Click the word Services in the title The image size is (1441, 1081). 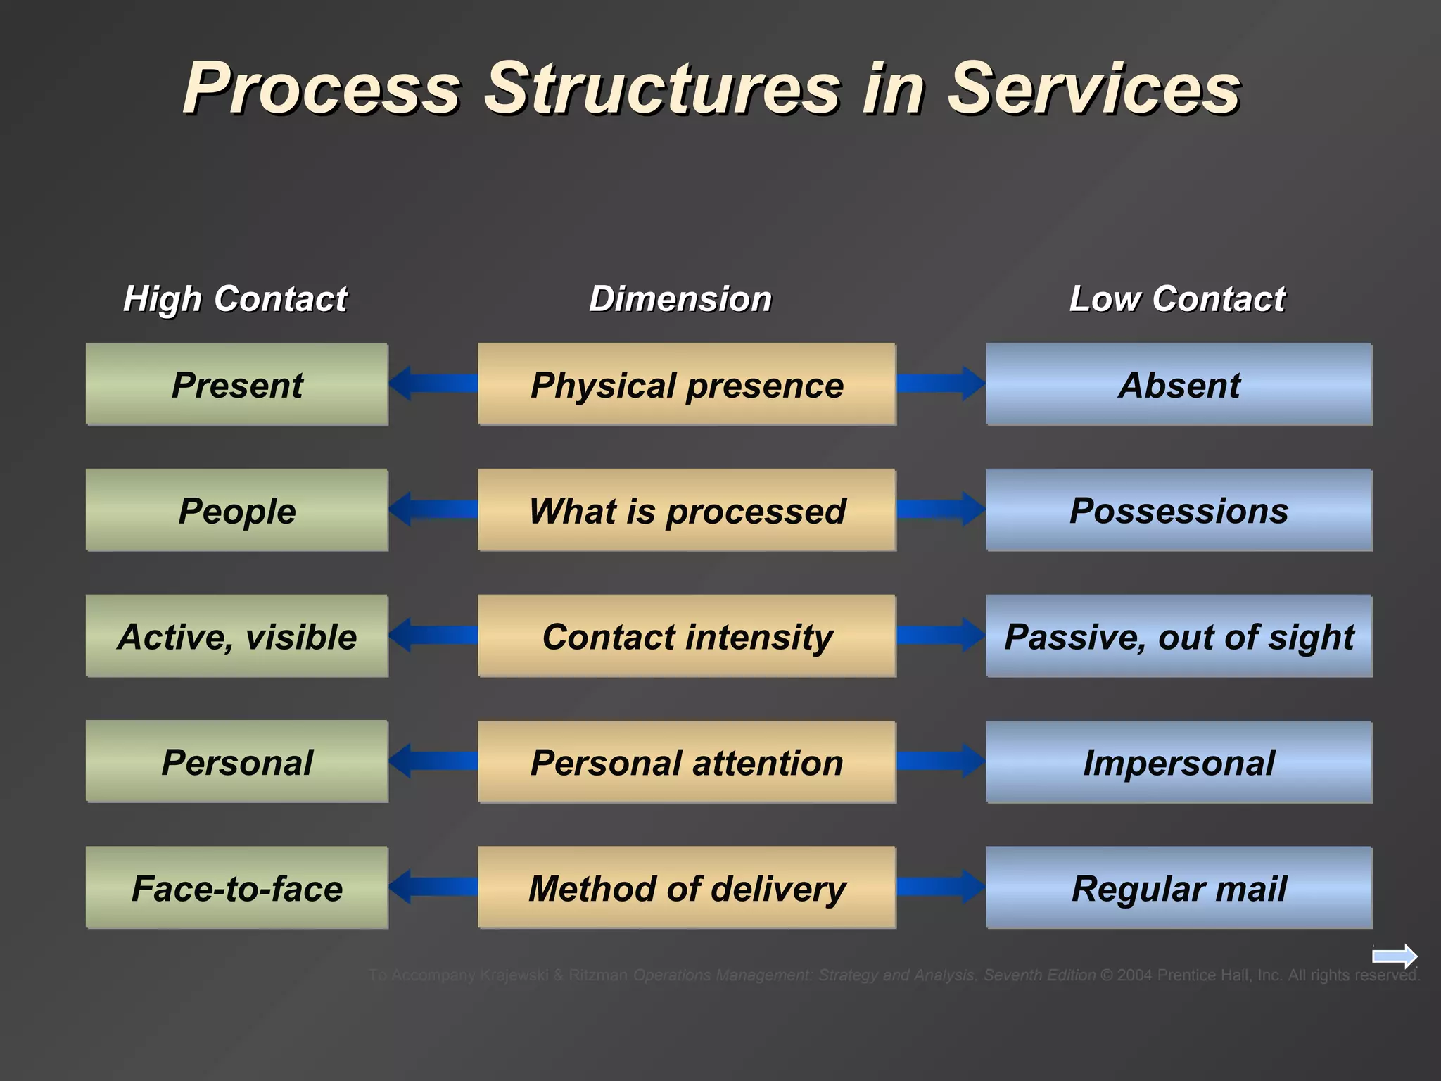[1093, 89]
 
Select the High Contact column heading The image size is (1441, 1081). [235, 298]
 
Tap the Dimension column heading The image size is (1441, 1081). [680, 298]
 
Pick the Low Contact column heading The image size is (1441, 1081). [1177, 298]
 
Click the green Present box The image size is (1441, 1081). [237, 384]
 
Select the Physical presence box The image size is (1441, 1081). [687, 384]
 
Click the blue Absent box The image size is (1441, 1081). [1179, 384]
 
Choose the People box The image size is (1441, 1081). [237, 510]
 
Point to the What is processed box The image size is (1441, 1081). [687, 510]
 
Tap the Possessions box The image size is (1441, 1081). [1179, 510]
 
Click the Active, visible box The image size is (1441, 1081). [237, 636]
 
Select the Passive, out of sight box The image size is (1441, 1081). [1179, 636]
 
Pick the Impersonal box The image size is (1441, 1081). [1179, 761]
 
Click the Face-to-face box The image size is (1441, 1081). [237, 887]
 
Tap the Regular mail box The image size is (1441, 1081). [1179, 887]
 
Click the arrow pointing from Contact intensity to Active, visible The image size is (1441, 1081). [432, 636]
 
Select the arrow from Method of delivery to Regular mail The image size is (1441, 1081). [940, 887]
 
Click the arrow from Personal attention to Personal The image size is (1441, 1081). [432, 761]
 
